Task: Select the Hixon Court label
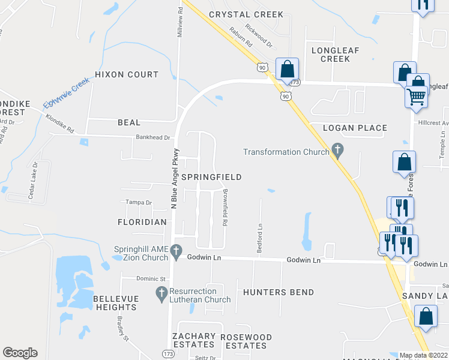[127, 74]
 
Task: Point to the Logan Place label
[355, 128]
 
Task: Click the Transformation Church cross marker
[337, 151]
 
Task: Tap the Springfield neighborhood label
[211, 177]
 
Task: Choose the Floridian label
[142, 221]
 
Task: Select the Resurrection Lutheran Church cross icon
[161, 294]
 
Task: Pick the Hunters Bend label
[279, 292]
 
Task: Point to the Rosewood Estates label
[246, 341]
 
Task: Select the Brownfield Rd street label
[224, 207]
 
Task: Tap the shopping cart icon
[415, 95]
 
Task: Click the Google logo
[20, 353]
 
